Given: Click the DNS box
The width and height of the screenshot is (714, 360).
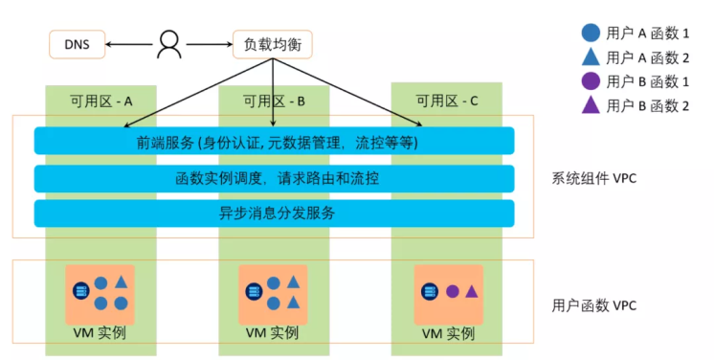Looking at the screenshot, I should (x=77, y=43).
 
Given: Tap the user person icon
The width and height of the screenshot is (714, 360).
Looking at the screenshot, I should (x=169, y=43).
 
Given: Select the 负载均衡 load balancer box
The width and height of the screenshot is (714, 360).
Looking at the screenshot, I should (x=272, y=43).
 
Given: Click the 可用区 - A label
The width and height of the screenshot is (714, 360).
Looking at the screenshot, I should (x=101, y=100).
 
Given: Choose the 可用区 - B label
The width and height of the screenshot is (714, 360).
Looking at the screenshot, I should (x=274, y=100).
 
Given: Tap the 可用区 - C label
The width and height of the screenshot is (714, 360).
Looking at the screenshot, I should (x=446, y=100).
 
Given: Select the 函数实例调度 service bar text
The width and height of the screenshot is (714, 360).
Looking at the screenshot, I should (x=275, y=178).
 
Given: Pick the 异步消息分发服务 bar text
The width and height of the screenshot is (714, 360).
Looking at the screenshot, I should (x=275, y=213).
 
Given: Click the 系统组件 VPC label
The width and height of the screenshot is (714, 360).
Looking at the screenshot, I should (x=594, y=177).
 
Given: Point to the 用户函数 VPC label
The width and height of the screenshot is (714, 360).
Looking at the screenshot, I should (x=594, y=305).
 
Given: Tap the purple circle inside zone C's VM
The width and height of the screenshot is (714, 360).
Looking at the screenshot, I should (x=453, y=290).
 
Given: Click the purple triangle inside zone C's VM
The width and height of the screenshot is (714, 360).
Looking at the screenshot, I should (x=472, y=290).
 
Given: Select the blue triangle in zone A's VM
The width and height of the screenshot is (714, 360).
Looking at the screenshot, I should (x=121, y=282).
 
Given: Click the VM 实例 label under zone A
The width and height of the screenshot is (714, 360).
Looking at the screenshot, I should (x=100, y=333).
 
